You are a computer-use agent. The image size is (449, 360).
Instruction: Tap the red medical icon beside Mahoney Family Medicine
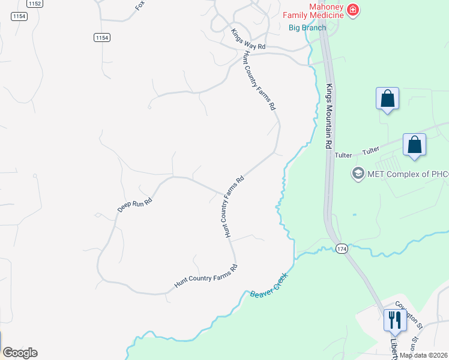click(x=352, y=10)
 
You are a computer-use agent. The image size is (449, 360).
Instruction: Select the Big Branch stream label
click(x=307, y=28)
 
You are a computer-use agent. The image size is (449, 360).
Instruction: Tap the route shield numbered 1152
click(x=35, y=4)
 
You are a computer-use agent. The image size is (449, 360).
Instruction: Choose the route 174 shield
click(x=342, y=248)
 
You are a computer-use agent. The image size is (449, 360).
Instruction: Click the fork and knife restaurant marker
click(x=394, y=320)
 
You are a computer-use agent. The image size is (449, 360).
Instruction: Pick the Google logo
click(x=20, y=353)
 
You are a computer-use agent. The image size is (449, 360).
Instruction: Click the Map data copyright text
click(x=424, y=355)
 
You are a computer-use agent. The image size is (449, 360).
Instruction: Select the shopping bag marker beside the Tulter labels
click(x=414, y=145)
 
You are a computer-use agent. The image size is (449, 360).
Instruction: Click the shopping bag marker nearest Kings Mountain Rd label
click(x=387, y=98)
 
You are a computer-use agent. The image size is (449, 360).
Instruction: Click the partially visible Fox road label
click(x=140, y=5)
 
